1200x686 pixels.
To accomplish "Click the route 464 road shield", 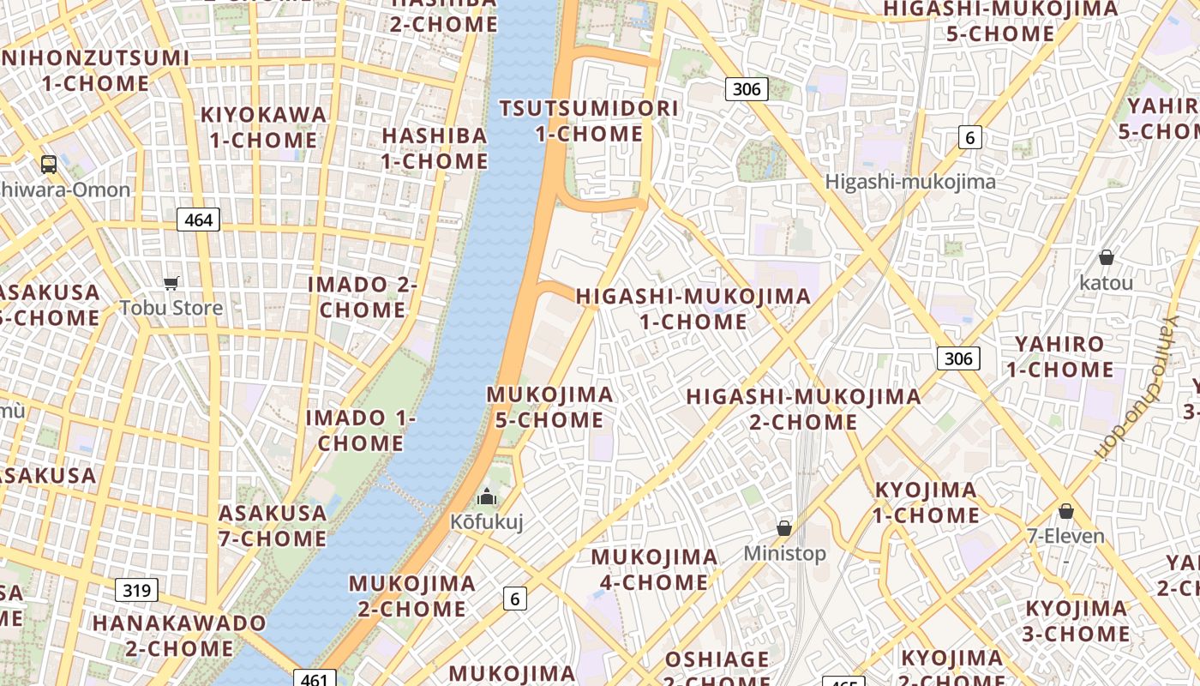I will (199, 220).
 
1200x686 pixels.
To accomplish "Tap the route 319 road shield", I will (136, 590).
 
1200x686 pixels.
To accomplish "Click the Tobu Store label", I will (171, 308).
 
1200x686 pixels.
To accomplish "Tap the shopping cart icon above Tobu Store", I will (171, 283).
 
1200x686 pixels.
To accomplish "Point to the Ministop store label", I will (784, 553).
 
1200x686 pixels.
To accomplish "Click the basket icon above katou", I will (1107, 257).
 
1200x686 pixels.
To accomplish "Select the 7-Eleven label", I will (1065, 537).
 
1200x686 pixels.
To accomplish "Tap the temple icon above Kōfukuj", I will (487, 496).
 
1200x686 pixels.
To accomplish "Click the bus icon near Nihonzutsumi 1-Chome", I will (49, 164).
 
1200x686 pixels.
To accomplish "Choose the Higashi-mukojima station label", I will (910, 182).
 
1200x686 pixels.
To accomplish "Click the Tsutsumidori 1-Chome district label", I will (589, 121).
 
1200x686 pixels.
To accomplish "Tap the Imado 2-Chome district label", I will (362, 297).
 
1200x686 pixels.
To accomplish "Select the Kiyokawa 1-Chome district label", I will (263, 127).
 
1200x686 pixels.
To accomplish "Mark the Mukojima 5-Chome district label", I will (549, 406).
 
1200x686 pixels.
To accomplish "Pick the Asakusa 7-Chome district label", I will (273, 526).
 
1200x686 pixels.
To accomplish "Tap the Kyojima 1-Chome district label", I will (926, 502).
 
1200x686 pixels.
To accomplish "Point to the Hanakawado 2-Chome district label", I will (179, 635).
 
